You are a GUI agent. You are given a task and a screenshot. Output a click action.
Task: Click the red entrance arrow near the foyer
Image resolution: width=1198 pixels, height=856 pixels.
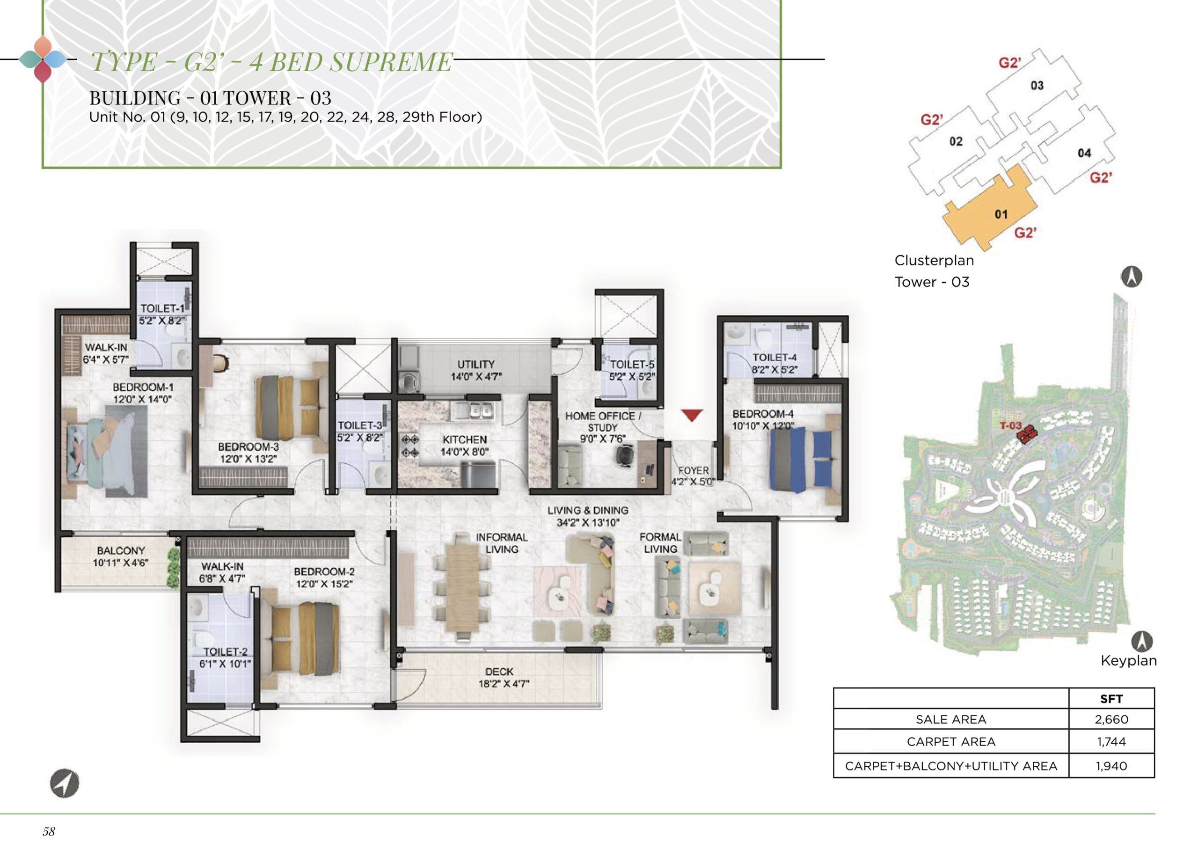692,415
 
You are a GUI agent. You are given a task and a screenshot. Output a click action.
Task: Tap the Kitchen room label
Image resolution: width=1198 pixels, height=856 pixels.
464,439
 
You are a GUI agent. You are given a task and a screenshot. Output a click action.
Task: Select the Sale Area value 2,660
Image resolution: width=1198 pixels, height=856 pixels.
1111,719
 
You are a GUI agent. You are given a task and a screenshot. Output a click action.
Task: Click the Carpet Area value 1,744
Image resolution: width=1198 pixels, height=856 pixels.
1111,742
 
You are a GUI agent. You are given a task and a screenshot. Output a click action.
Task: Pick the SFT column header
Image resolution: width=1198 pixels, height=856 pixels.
1111,699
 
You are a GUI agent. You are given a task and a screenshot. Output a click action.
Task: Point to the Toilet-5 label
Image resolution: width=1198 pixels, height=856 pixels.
632,364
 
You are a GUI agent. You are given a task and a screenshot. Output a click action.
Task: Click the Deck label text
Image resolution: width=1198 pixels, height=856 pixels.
499,672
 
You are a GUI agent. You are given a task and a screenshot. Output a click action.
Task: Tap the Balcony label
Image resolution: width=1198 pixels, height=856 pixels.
121,551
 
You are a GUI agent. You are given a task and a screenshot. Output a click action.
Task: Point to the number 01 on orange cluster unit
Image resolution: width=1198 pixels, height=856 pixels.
1001,214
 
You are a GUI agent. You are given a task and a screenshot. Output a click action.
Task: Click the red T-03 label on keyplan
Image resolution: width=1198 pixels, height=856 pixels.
1010,425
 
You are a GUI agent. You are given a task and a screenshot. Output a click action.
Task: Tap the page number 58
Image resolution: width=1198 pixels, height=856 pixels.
49,831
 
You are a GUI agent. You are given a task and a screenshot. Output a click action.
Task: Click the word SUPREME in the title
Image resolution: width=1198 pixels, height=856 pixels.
391,62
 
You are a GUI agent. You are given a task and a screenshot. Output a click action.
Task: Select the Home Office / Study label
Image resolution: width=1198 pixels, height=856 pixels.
602,422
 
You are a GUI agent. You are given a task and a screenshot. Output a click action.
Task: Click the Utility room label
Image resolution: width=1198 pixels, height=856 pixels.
476,364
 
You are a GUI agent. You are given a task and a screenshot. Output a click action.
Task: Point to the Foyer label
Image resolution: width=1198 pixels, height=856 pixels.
693,470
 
